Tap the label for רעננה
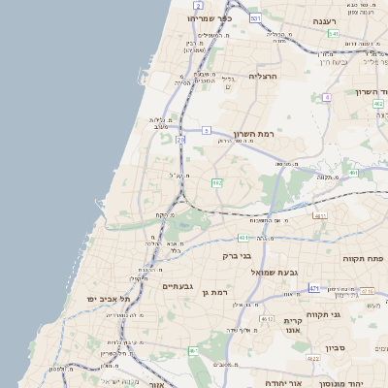324,20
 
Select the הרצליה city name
263,76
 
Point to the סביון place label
338,346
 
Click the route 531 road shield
255,18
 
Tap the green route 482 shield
217,181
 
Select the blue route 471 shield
314,288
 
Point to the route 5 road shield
207,130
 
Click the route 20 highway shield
180,140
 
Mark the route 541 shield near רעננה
333,34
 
